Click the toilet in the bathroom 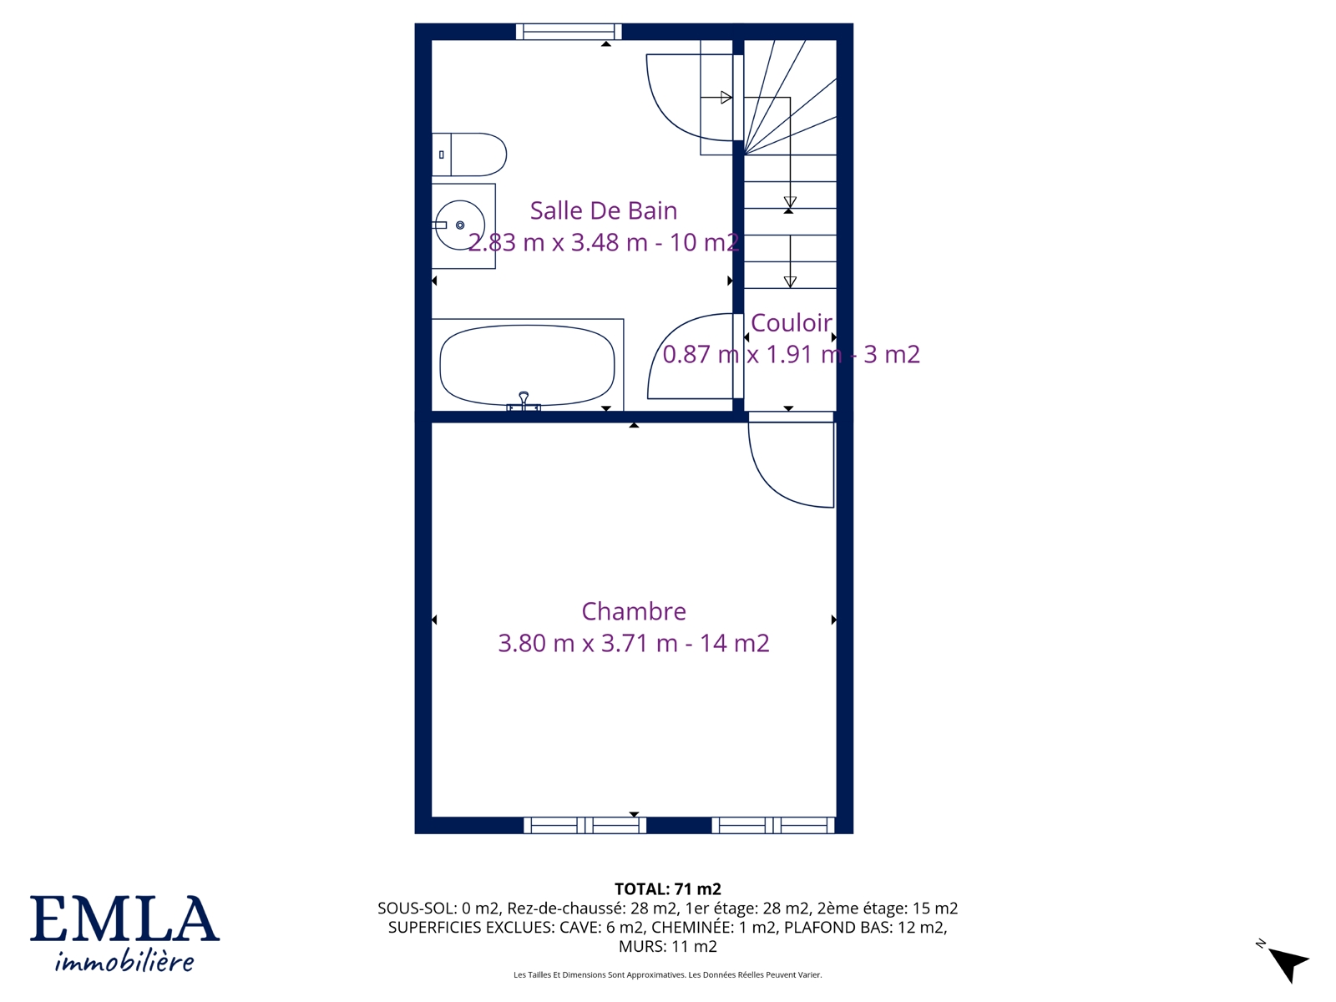468,154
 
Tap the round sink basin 460,225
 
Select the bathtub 527,365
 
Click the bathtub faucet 524,402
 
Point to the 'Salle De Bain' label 603,210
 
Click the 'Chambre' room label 634,611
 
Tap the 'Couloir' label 792,323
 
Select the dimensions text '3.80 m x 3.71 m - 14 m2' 634,643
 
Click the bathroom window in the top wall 569,32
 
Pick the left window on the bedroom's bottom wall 585,825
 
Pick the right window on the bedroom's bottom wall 773,825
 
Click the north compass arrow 1288,964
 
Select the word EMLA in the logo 124,918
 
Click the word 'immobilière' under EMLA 124,961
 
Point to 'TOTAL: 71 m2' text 668,889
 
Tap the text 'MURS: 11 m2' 668,947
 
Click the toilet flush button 441,154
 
